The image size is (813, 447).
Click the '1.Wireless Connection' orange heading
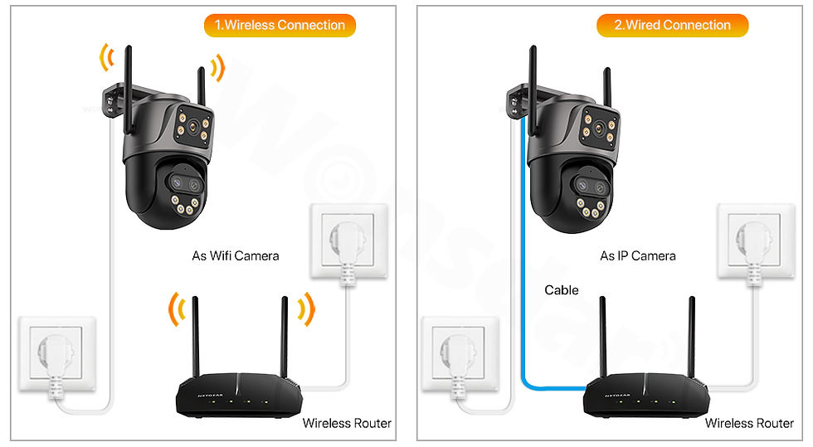(280, 26)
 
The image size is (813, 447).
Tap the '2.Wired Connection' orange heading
(673, 26)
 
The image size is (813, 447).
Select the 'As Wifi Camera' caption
(236, 255)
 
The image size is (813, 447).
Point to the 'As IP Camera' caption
(638, 255)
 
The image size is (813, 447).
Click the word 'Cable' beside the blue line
(562, 290)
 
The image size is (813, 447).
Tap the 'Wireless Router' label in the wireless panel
(347, 423)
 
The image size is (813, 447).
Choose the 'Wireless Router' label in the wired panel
(749, 423)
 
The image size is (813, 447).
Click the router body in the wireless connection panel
(239, 395)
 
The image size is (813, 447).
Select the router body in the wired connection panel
(646, 395)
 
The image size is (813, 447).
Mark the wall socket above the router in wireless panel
(348, 241)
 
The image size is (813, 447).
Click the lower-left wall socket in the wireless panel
(57, 353)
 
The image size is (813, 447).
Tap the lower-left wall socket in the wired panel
(460, 353)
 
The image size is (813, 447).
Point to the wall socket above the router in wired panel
(756, 241)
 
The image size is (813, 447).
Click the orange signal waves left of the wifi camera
(106, 57)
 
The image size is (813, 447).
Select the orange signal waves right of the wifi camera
(218, 67)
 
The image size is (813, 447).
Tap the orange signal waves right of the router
(306, 309)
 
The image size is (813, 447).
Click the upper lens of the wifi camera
(192, 125)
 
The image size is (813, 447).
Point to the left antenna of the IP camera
(533, 88)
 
